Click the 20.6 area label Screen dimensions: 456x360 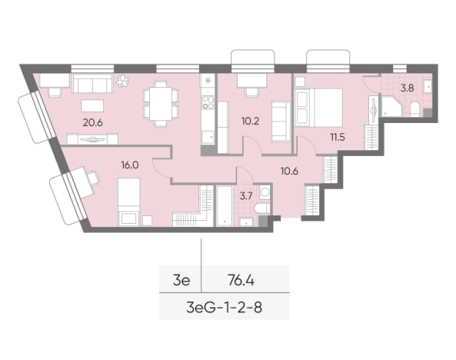93,122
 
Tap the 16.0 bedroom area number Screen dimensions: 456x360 130,165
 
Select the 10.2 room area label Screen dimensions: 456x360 250,121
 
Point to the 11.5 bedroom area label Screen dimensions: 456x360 338,137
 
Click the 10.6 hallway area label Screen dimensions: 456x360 289,171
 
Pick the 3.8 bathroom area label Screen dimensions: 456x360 407,88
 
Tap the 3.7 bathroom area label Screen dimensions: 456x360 246,196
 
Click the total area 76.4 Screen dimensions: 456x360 241,281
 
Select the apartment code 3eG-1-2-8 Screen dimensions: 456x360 224,308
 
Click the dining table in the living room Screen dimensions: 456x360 161,104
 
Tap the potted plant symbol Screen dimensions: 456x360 122,81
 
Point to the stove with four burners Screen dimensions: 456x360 208,102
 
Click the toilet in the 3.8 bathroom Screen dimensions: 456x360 414,109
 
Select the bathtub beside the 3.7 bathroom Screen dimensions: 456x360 225,206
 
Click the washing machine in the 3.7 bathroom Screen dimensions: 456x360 265,192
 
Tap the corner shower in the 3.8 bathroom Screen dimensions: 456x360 391,105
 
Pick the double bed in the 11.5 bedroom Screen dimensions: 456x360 318,108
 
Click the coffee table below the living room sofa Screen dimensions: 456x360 92,105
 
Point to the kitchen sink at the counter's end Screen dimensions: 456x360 208,137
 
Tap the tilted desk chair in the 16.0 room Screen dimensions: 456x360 93,177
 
